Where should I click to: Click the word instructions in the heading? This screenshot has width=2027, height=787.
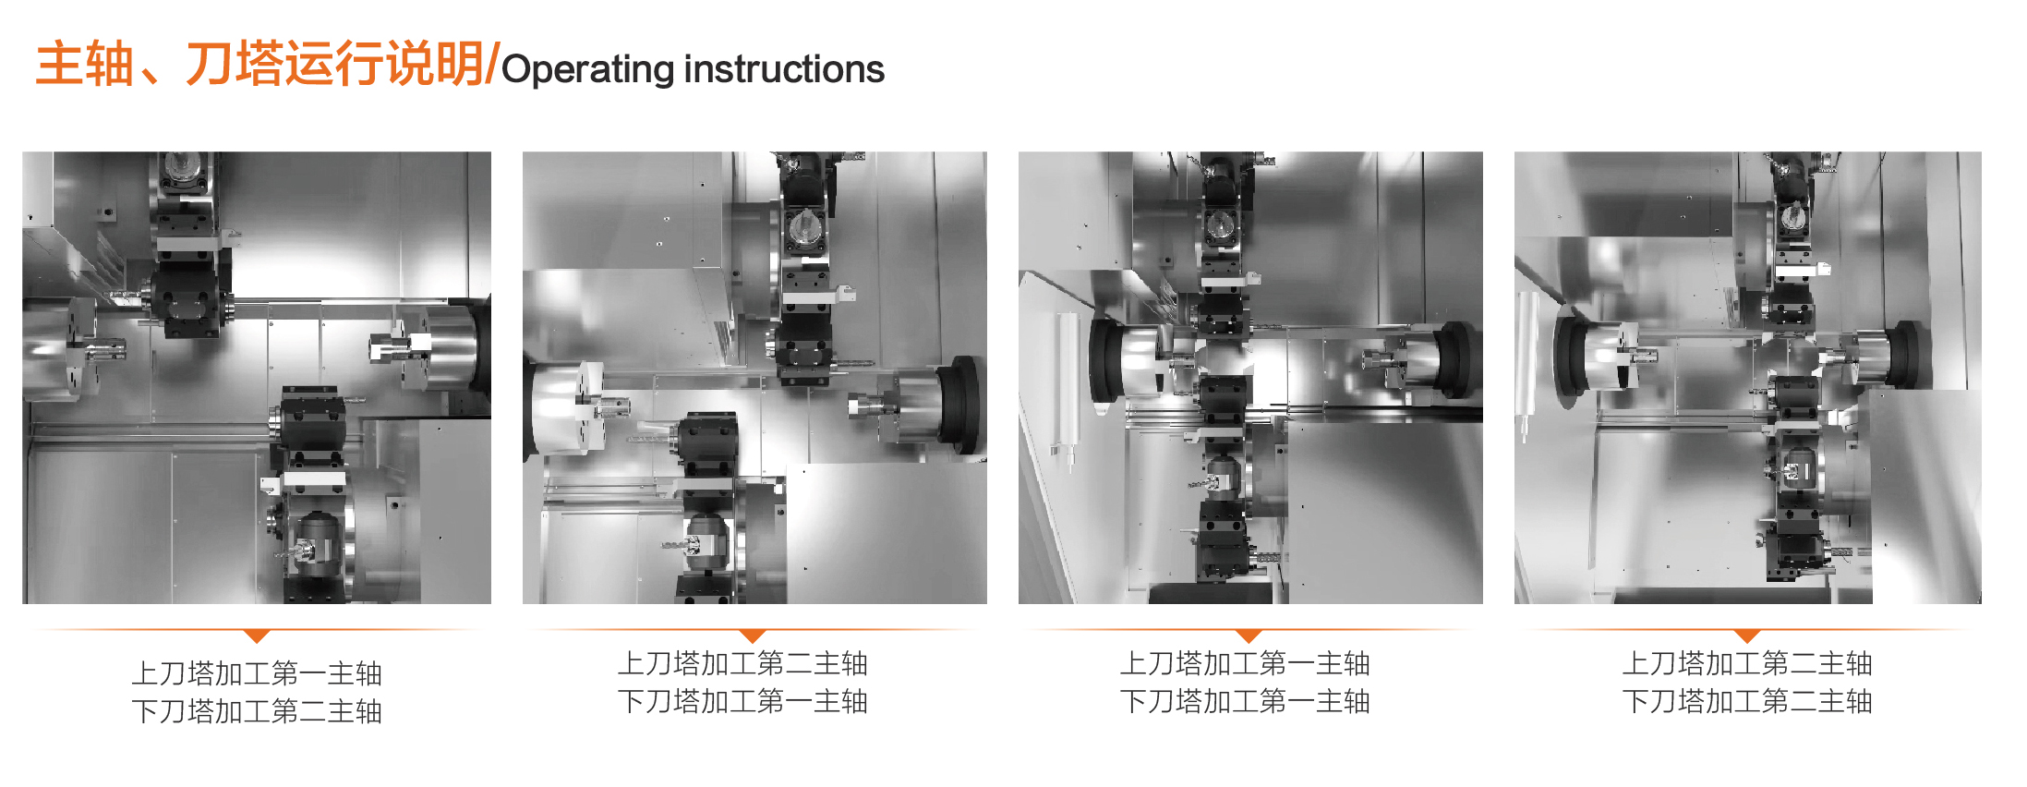coord(784,69)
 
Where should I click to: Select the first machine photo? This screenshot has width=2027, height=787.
coord(257,377)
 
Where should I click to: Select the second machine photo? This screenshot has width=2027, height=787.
coord(754,377)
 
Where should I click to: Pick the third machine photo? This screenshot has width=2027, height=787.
coord(1250,377)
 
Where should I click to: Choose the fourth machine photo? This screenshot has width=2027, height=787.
coord(1747,377)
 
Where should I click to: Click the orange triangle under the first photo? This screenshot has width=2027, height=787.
coord(258,636)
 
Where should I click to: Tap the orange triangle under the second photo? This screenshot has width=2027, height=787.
coord(754,636)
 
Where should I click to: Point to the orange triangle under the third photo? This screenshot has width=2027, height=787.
coord(1249,636)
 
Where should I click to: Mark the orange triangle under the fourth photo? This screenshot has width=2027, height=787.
coord(1747,636)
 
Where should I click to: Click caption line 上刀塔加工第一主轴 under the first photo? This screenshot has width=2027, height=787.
coord(257,673)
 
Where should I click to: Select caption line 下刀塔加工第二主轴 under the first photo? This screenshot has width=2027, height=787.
coord(257,711)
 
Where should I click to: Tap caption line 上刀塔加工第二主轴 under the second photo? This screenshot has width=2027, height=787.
coord(742,663)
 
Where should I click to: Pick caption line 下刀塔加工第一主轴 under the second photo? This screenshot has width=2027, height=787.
coord(742,701)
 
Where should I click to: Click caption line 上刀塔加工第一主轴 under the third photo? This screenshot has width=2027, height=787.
coord(1245,663)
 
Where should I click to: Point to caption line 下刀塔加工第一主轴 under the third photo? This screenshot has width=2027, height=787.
coord(1245,701)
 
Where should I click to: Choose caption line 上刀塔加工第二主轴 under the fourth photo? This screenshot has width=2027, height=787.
coord(1747,663)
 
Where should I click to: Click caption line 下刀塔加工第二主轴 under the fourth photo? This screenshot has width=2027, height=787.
coord(1747,701)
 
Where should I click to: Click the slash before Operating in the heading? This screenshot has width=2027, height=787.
coord(492,65)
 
